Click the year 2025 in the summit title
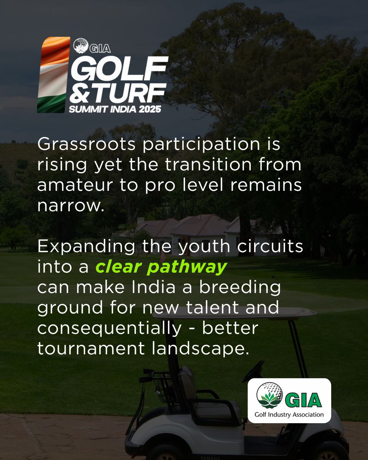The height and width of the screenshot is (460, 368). click(150, 109)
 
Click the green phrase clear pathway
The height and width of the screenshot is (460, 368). click(160, 267)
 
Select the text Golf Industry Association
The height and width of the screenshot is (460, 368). click(289, 414)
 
